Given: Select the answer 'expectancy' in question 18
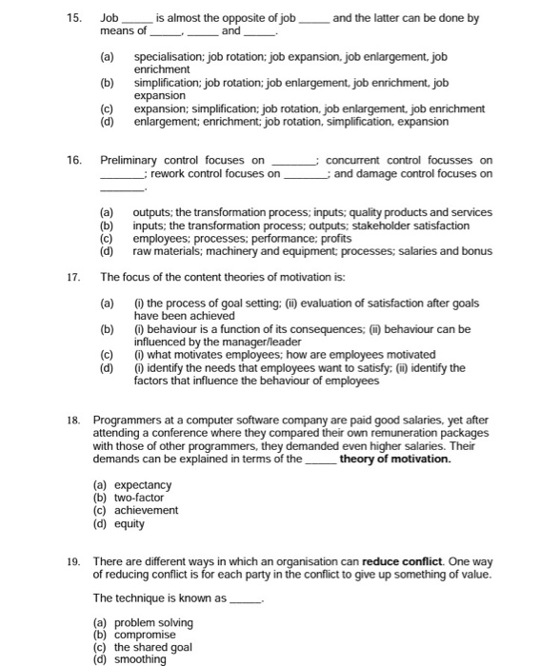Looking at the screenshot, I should coord(142,485).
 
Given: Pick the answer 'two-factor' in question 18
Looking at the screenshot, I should coord(139,498).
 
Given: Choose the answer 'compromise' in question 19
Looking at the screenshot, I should coord(145,635).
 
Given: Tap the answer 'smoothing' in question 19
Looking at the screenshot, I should coord(140,659).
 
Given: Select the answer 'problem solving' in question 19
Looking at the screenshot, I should coord(153,622).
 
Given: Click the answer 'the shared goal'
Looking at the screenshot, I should coord(153,647).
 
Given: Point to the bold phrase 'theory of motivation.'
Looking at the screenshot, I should coord(395,459).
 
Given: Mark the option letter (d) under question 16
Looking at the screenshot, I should coord(108,251).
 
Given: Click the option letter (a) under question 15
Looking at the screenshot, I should coord(108,57).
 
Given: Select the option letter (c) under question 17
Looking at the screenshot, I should coord(108,355).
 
